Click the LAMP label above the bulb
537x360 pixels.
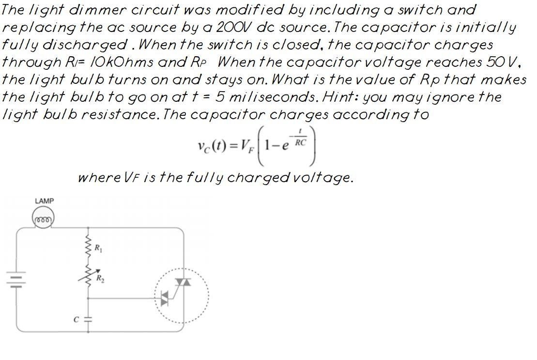click(x=44, y=201)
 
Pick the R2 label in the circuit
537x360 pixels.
click(x=100, y=279)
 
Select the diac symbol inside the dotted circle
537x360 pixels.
click(x=165, y=297)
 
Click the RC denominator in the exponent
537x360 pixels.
click(x=300, y=142)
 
